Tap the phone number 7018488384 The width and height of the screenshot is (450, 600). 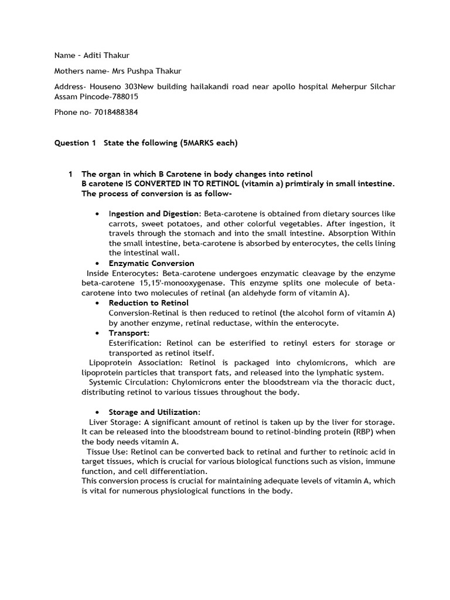tap(117, 112)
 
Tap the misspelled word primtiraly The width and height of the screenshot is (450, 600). tap(301, 184)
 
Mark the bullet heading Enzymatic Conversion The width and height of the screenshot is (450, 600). tap(151, 263)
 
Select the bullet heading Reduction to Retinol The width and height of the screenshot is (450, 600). tap(148, 303)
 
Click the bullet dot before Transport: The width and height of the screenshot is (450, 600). tap(96, 333)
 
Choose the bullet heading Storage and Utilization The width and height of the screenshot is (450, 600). tap(154, 412)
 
